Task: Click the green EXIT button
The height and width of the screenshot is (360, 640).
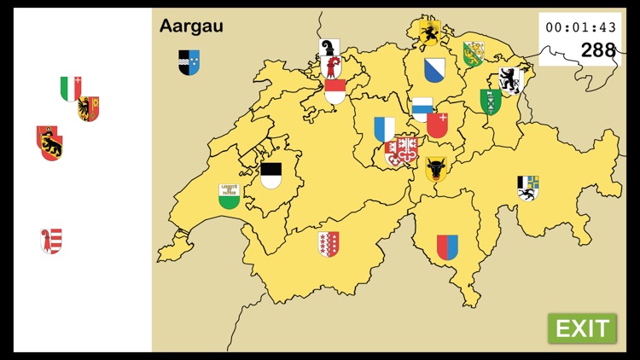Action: click(x=582, y=328)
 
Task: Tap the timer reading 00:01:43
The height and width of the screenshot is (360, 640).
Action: click(x=580, y=27)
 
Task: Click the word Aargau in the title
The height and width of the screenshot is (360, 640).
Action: click(x=191, y=26)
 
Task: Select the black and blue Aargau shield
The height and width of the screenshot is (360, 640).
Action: click(x=189, y=62)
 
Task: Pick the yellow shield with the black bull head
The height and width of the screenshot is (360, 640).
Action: click(x=437, y=169)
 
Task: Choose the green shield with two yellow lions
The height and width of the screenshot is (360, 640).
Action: click(x=474, y=54)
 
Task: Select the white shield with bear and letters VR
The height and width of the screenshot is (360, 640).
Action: click(x=509, y=80)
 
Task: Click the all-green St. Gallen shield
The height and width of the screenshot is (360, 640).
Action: click(x=491, y=102)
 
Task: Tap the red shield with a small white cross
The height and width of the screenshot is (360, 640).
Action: click(x=438, y=126)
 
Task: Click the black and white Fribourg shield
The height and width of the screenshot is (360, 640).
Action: click(x=271, y=176)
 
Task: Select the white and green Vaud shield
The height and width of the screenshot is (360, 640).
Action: click(x=230, y=196)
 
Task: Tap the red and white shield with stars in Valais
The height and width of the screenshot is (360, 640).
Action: click(x=329, y=244)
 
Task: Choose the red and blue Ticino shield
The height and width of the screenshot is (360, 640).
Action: click(x=447, y=247)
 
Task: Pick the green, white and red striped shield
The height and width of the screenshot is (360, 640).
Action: click(x=71, y=89)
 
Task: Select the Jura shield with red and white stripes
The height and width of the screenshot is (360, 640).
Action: click(x=51, y=241)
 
